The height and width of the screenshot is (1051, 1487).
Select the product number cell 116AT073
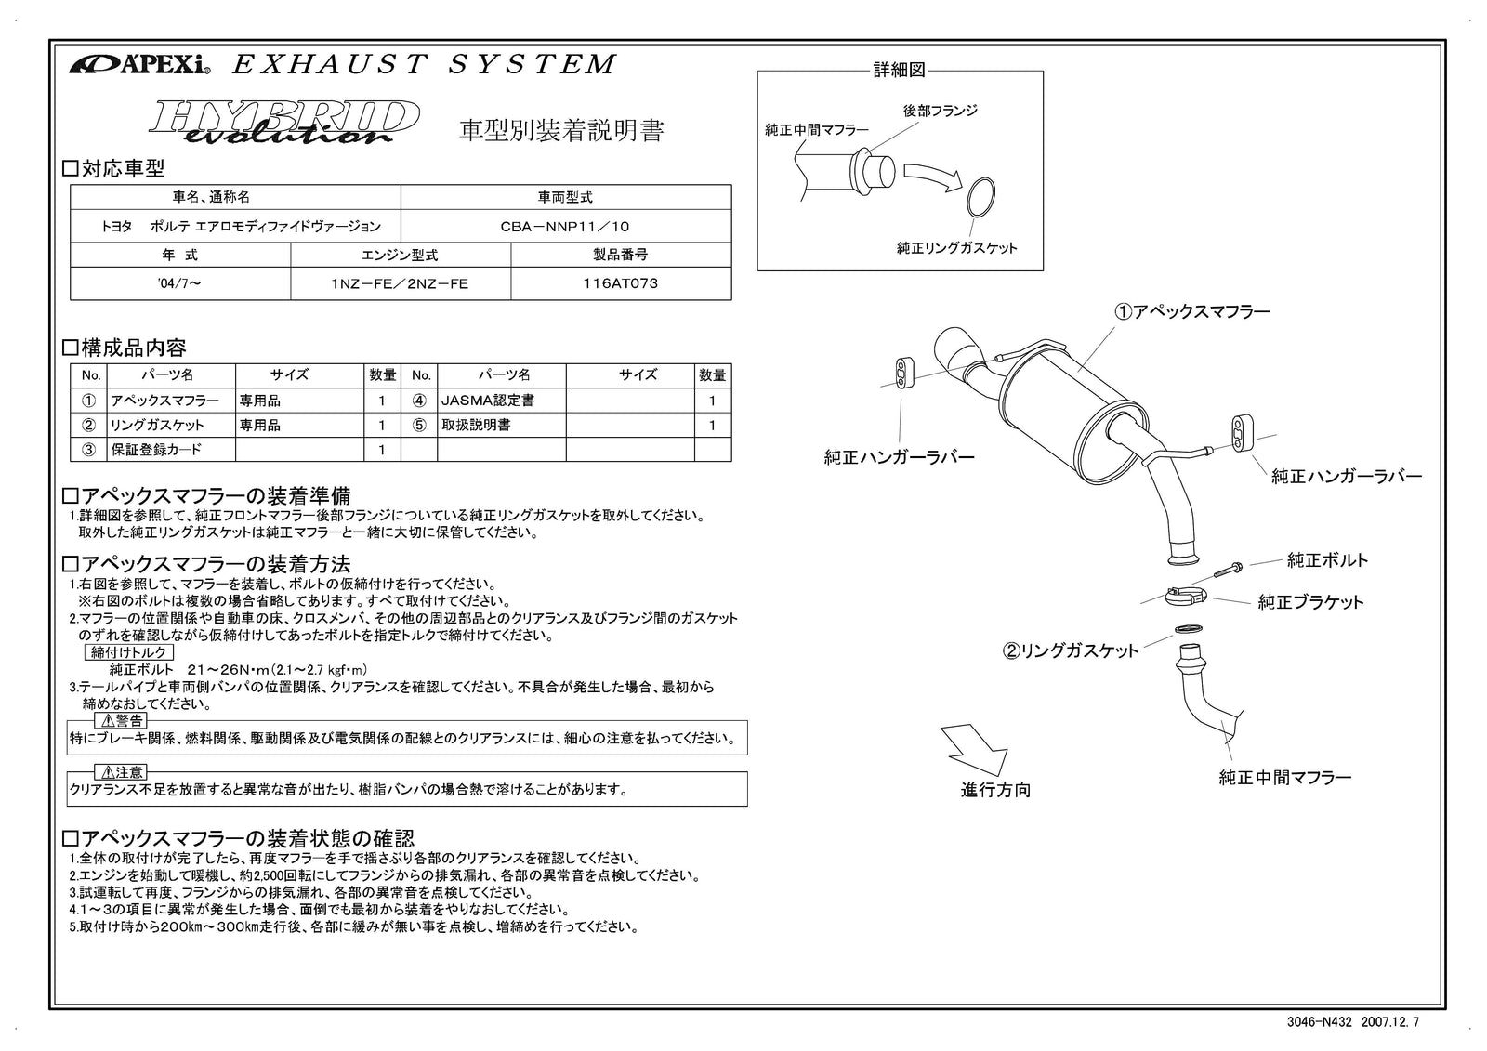(x=620, y=283)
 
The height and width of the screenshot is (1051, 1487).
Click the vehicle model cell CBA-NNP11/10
(x=565, y=226)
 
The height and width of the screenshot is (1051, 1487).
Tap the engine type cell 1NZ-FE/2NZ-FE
(x=401, y=283)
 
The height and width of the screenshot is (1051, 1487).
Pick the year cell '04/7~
(x=180, y=283)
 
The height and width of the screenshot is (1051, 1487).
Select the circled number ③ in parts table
(x=89, y=450)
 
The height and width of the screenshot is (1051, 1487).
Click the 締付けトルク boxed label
(x=129, y=652)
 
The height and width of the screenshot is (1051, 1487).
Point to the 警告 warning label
(x=121, y=720)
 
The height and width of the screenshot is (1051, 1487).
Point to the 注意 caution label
(x=121, y=772)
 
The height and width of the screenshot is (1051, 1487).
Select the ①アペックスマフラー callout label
(x=1192, y=312)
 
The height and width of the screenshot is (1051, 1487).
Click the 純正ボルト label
(x=1327, y=560)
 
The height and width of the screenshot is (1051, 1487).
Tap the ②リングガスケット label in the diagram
(x=1070, y=651)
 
